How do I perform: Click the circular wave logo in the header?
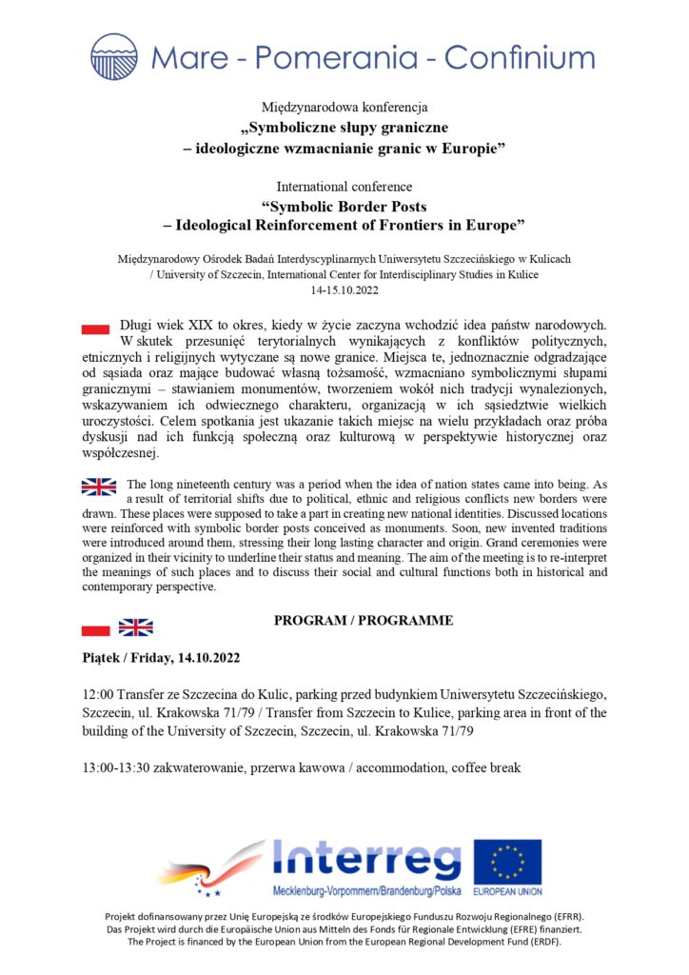point(113,56)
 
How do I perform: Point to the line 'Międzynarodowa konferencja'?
point(344,107)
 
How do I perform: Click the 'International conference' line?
point(344,186)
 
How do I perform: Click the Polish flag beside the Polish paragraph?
point(95,328)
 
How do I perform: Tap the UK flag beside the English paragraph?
point(99,487)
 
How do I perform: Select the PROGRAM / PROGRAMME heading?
point(364,621)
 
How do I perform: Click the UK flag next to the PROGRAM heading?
point(135,627)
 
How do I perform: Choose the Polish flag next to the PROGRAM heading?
point(96,628)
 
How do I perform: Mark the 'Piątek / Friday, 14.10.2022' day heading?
point(161,658)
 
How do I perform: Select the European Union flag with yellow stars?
point(507,862)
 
